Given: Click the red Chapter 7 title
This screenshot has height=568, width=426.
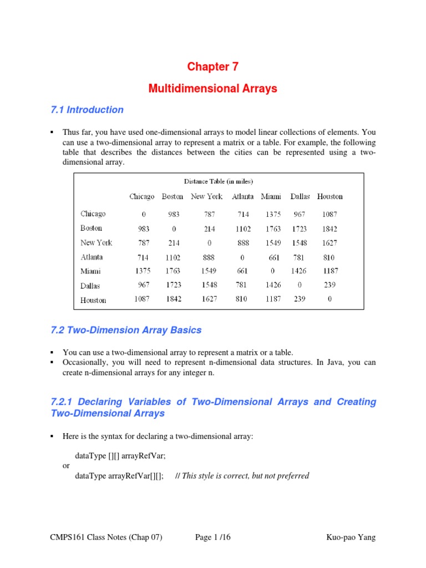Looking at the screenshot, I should click(212, 67).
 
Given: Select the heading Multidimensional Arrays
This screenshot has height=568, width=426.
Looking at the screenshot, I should click(212, 89).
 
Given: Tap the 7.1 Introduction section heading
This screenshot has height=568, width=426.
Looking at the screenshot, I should click(87, 110).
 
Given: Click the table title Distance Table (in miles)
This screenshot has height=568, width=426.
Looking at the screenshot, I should click(219, 181).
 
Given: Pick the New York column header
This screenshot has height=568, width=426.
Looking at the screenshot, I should click(206, 196).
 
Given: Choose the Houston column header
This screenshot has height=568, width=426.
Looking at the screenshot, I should click(329, 196).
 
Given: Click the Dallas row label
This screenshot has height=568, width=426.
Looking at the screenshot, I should click(90, 286).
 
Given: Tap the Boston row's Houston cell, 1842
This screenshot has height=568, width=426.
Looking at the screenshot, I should click(329, 229).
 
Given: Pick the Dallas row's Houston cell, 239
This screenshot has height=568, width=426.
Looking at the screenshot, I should click(329, 285).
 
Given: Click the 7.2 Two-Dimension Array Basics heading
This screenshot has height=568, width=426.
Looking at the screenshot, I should click(126, 331).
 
